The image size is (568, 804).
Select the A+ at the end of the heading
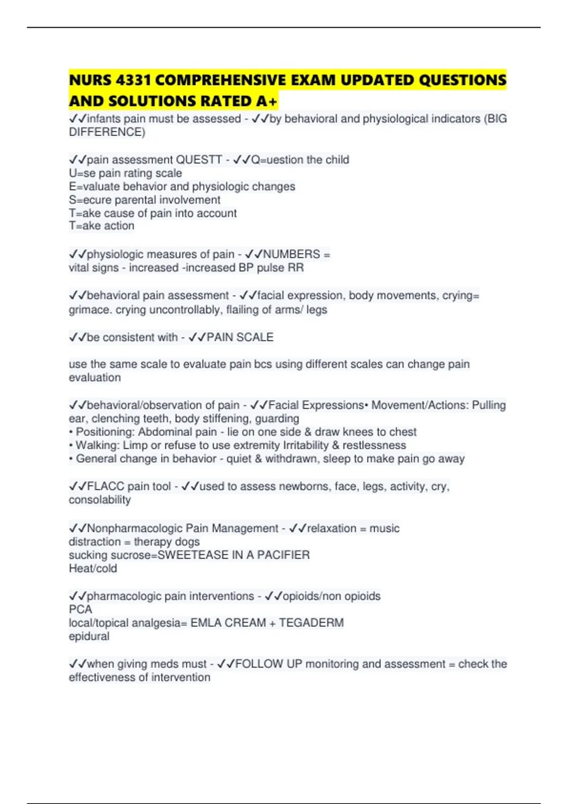[267, 101]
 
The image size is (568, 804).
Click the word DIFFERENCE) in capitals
[107, 132]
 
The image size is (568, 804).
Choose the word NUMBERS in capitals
[292, 254]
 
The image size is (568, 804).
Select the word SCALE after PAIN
[255, 337]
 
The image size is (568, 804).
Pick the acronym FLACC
[106, 486]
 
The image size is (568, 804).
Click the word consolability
[100, 500]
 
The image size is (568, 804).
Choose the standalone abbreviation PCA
[80, 609]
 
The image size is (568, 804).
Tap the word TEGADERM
[311, 622]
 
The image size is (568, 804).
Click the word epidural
[89, 636]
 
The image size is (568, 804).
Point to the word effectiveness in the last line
[102, 677]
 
